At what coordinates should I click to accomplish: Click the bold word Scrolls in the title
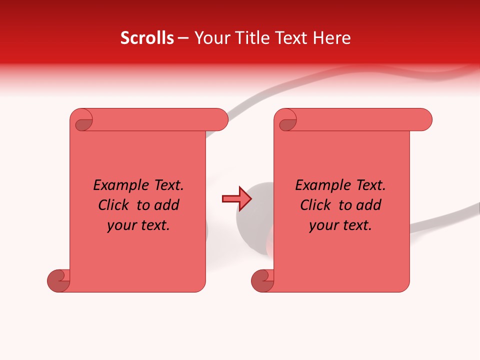click(x=147, y=38)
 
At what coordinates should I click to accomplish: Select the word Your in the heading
click(x=211, y=38)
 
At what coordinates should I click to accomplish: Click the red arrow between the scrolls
click(x=236, y=199)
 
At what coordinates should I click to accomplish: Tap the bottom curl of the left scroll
click(x=59, y=281)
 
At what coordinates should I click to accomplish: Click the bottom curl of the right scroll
click(x=263, y=281)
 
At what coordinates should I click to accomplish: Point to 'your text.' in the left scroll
click(x=138, y=225)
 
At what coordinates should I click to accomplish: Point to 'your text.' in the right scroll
click(x=340, y=225)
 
